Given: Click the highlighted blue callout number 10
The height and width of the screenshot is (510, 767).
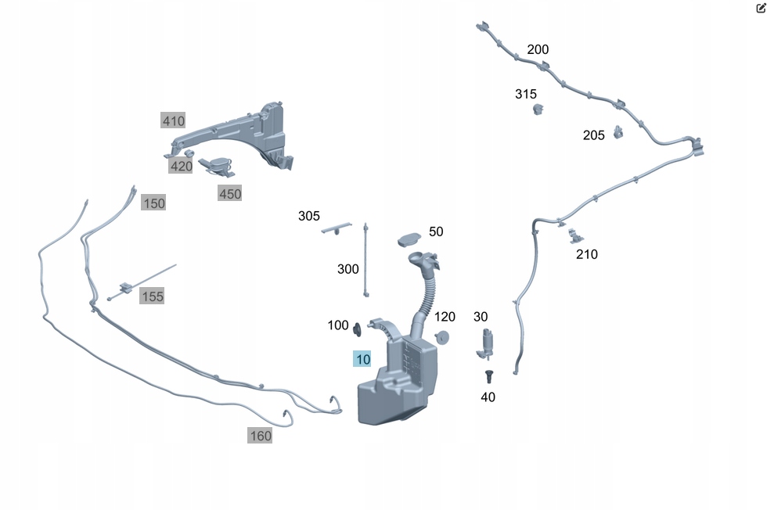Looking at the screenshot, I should point(362,360).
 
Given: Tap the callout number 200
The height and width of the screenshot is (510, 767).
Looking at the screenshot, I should point(538,49).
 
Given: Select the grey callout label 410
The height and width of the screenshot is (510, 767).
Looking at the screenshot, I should point(173,120).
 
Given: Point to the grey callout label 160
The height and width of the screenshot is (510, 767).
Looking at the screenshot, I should point(260,436).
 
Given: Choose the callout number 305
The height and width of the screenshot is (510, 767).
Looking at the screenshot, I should point(308,216).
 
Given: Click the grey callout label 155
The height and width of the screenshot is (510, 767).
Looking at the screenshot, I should point(152,296).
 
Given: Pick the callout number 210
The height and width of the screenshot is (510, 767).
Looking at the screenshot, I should point(586,254).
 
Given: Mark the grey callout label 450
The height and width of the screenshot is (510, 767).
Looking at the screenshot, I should point(230,193).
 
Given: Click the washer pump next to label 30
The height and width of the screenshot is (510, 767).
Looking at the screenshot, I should point(487,343).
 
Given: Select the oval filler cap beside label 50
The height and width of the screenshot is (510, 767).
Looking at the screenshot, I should point(410,237).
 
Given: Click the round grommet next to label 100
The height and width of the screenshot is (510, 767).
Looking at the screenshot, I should point(358,329).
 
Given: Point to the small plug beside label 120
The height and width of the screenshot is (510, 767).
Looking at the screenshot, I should point(442,337).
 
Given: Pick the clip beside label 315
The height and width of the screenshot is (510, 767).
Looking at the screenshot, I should point(538,108).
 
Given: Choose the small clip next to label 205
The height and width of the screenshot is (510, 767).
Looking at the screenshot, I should point(618,131).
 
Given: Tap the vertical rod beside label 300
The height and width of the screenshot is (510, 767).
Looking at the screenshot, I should point(365,260).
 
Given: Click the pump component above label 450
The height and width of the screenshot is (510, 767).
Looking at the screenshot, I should point(218,165).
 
